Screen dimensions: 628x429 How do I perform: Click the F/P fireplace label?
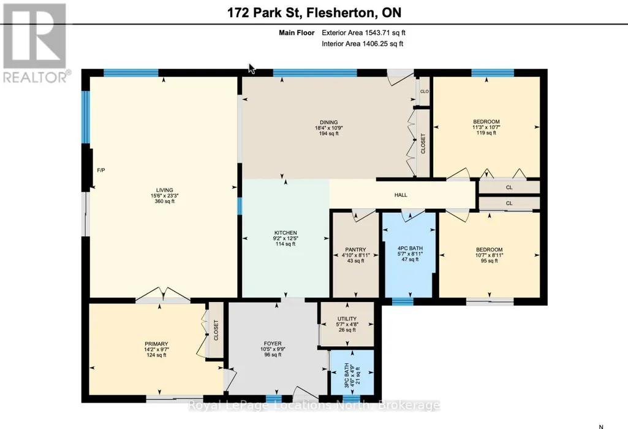(101, 170)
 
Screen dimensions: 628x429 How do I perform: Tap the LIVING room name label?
(165, 190)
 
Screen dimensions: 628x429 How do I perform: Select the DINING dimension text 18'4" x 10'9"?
(328, 128)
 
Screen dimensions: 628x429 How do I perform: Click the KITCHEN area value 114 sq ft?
(286, 244)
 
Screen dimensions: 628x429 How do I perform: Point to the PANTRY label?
(355, 250)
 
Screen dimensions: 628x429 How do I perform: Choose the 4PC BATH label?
(410, 249)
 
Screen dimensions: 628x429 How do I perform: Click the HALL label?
(401, 195)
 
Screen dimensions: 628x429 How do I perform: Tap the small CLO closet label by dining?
(425, 91)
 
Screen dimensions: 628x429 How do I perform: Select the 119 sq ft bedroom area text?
(486, 133)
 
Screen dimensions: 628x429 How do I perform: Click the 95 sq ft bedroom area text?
(489, 260)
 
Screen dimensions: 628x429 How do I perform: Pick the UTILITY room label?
(347, 319)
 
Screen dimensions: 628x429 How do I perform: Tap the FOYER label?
(273, 344)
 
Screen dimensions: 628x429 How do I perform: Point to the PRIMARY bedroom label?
(156, 344)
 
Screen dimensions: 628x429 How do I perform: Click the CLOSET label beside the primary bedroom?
(216, 330)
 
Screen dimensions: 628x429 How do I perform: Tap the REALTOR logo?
(36, 43)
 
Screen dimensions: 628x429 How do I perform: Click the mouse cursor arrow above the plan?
(252, 69)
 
